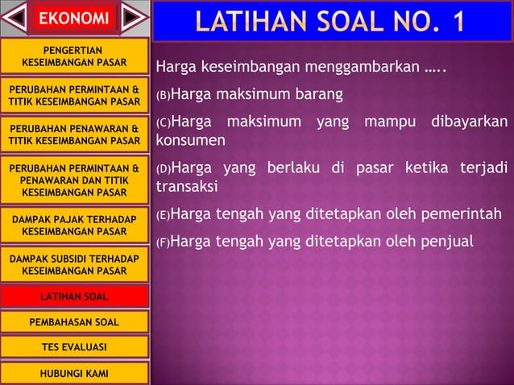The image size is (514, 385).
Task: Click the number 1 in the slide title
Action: [456, 21]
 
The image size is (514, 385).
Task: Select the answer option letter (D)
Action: [163, 170]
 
